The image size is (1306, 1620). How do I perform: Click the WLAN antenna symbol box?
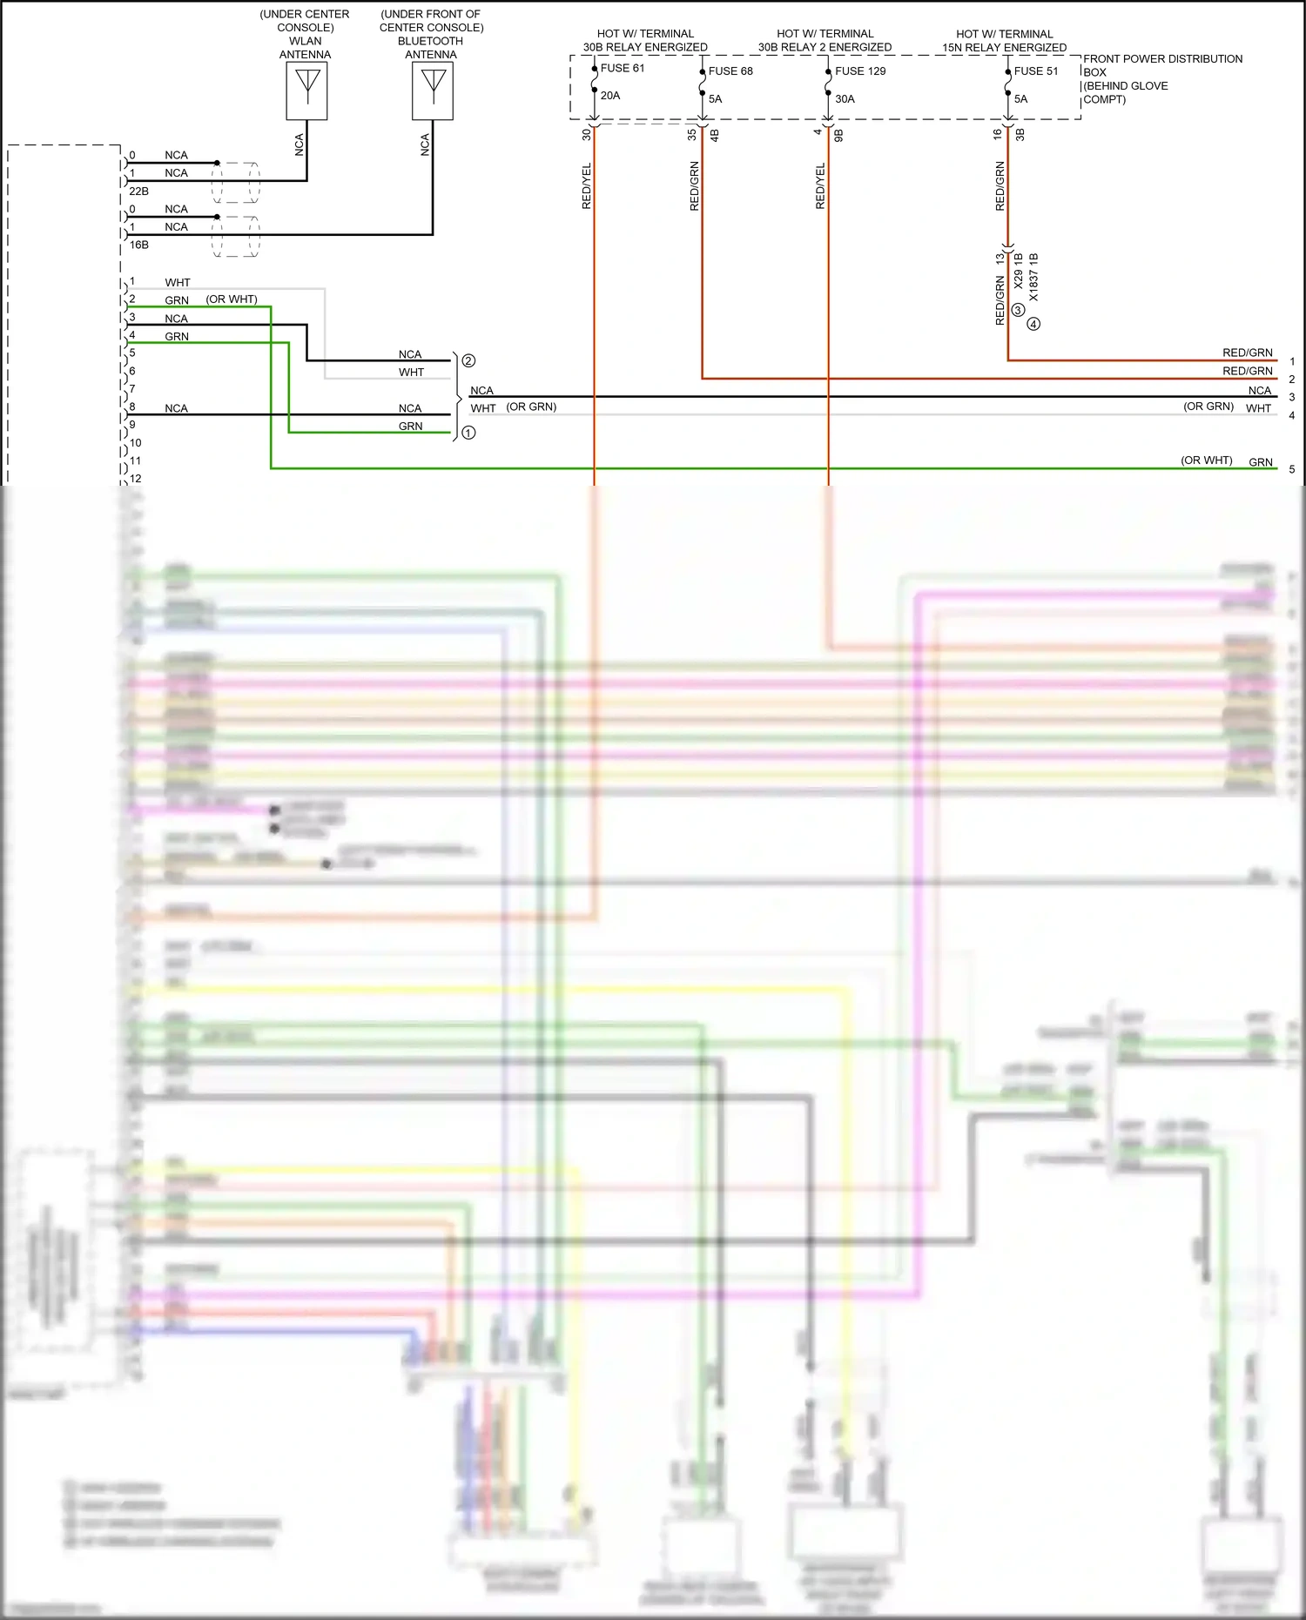(x=306, y=91)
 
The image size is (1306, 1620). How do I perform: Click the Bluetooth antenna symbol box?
(x=433, y=91)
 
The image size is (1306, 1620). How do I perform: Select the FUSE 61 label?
(x=623, y=68)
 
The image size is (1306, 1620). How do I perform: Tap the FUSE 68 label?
(x=730, y=71)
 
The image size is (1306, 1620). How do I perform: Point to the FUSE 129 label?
(x=860, y=71)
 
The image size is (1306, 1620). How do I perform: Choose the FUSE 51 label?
(x=1036, y=71)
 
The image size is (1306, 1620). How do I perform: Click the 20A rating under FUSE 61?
(x=610, y=96)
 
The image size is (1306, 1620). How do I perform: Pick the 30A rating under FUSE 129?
(x=845, y=99)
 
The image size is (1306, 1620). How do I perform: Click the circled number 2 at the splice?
(x=468, y=360)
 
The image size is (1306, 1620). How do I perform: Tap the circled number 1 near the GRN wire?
(x=468, y=433)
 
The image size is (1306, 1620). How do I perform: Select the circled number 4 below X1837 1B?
(x=1033, y=324)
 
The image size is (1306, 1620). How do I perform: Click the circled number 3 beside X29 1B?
(x=1018, y=310)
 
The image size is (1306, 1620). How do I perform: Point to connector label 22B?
(x=138, y=192)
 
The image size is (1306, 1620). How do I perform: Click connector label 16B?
(x=138, y=245)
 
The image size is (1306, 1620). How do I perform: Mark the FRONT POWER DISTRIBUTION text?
(x=1162, y=59)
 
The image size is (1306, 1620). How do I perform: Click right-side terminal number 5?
(x=1291, y=469)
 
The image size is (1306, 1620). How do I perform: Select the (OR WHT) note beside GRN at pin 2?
(x=232, y=299)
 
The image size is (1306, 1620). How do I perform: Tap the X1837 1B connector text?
(x=1033, y=278)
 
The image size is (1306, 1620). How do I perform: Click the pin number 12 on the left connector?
(x=135, y=479)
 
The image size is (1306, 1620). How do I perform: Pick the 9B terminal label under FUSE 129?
(x=839, y=135)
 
